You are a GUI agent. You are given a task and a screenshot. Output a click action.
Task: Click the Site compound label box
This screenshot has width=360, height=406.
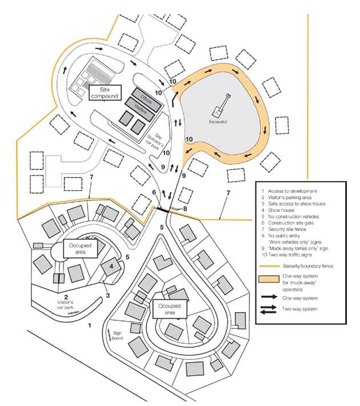pos(104,93)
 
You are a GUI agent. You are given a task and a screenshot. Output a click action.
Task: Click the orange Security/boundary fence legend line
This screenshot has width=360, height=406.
pos(273,267)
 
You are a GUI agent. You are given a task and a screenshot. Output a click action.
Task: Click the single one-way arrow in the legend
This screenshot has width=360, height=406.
pos(273,297)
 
